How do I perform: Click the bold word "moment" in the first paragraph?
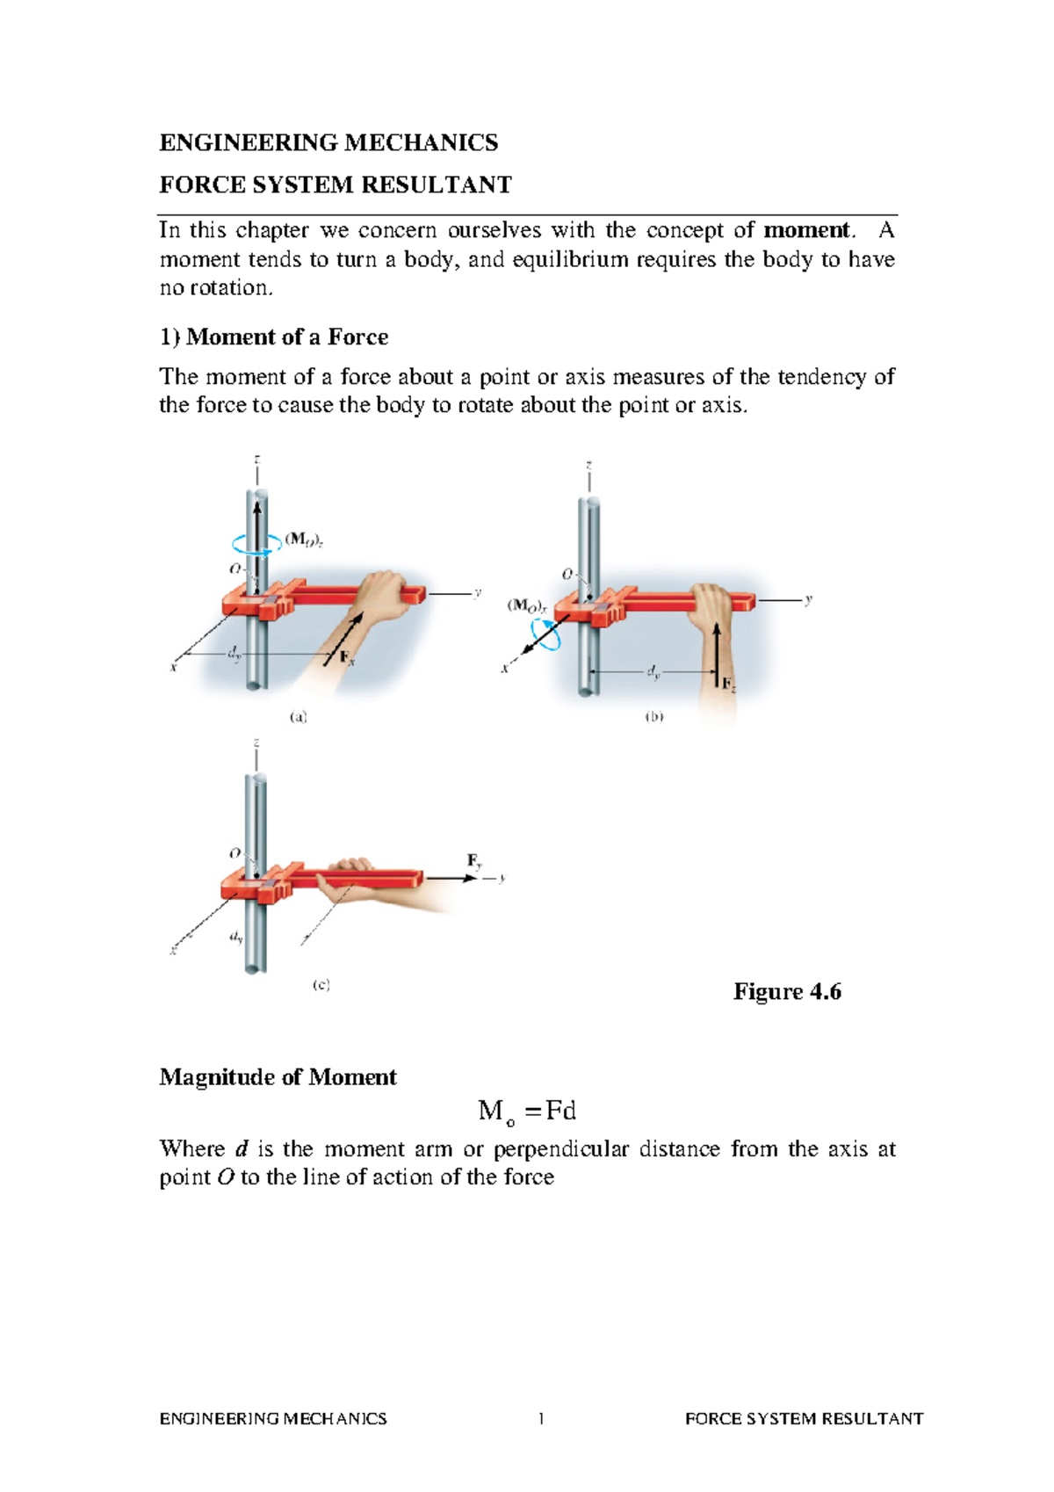click(x=806, y=231)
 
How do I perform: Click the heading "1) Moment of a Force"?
click(x=273, y=337)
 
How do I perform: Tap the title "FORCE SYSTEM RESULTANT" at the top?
click(x=335, y=185)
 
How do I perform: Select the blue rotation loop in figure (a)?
click(x=256, y=544)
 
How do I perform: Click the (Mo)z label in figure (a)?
click(x=305, y=540)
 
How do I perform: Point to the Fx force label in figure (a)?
click(x=347, y=658)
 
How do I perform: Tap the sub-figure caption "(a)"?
click(x=299, y=717)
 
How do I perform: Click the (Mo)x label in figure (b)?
click(x=527, y=605)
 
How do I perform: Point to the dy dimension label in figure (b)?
click(x=653, y=672)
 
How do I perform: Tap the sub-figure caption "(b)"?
click(x=654, y=717)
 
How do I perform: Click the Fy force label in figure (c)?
click(x=474, y=861)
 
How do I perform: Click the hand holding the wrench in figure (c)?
click(x=351, y=883)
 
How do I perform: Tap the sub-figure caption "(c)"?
click(x=321, y=986)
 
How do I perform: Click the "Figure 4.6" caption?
click(x=787, y=992)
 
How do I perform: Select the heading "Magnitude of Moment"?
click(x=278, y=1077)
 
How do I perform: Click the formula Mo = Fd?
click(x=527, y=1112)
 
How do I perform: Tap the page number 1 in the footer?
click(x=541, y=1418)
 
